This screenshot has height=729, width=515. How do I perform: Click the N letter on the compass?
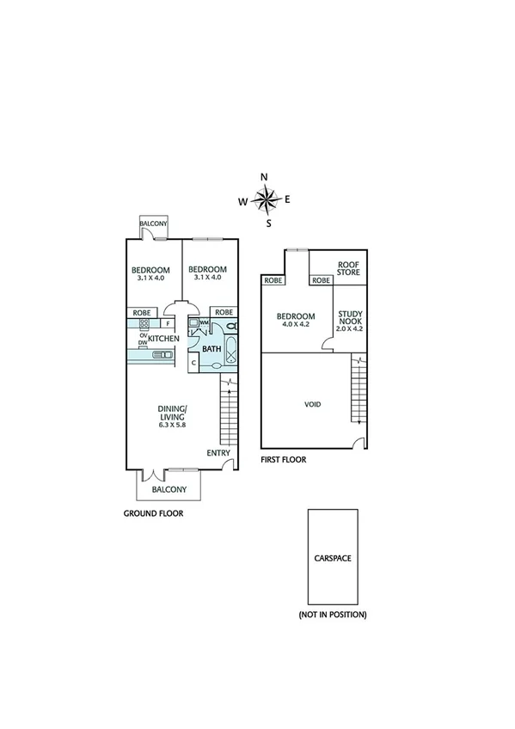click(x=264, y=177)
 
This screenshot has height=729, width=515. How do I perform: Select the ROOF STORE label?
click(x=347, y=270)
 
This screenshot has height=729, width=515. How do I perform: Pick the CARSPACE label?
click(x=333, y=557)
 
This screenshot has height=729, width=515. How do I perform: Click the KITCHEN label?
click(x=163, y=340)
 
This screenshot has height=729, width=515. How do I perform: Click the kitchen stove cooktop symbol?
click(x=144, y=324)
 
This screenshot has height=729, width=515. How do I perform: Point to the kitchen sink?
click(x=144, y=351)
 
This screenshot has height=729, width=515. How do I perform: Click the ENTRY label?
click(x=218, y=452)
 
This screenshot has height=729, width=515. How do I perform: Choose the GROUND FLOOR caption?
click(x=155, y=513)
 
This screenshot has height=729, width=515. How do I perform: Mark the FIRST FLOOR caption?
click(x=283, y=460)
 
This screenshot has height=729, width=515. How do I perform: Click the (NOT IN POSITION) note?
click(x=333, y=615)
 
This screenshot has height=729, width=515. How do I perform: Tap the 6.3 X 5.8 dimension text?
click(x=172, y=426)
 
